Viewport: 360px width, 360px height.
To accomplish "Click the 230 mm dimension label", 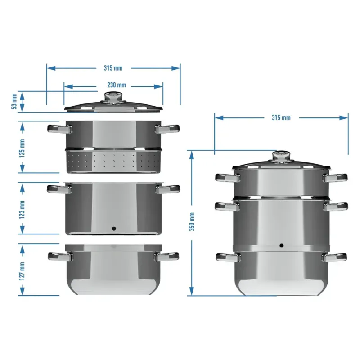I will tap(116, 85).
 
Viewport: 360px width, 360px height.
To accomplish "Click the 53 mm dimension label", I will tap(14, 101).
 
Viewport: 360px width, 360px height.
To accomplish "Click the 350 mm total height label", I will tap(192, 222).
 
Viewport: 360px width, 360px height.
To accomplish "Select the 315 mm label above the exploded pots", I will tap(113, 68).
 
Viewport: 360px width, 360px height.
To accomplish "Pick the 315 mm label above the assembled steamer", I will tap(281, 117).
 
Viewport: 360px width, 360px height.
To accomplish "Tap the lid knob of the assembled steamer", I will tap(282, 157).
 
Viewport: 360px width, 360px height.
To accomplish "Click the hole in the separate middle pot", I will tap(113, 228).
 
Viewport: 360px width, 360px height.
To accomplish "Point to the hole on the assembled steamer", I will tap(282, 246).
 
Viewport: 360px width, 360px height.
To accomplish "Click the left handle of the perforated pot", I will tap(59, 129).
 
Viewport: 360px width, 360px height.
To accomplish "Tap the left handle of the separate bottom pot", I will tap(59, 256).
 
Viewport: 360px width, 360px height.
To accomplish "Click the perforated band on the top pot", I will tap(113, 161).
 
